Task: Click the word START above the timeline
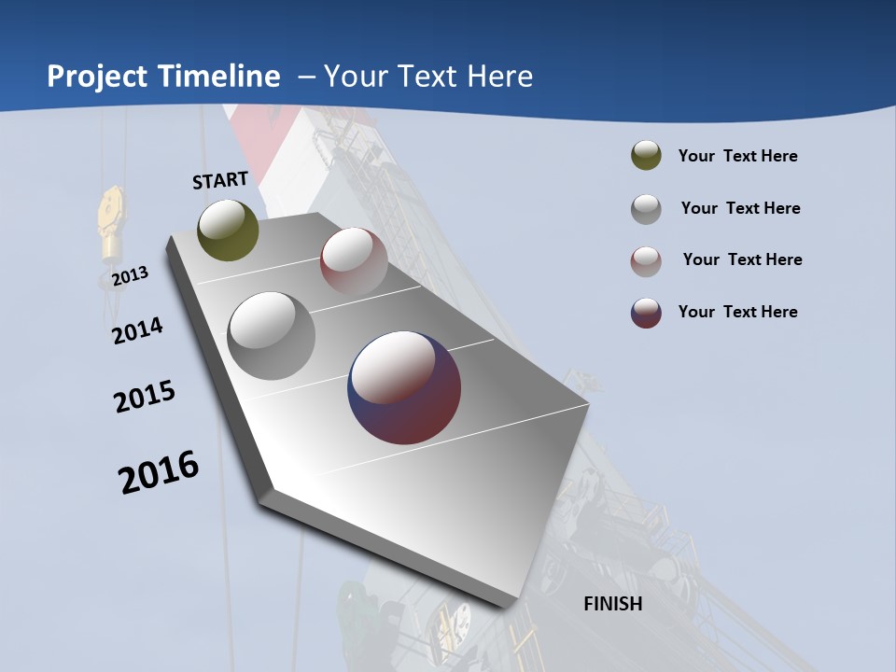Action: (x=220, y=180)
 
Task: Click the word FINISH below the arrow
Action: (x=612, y=604)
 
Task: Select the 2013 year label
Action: (x=130, y=276)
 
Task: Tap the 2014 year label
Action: (x=137, y=330)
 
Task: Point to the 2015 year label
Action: (x=145, y=397)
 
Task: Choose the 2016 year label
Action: (x=159, y=472)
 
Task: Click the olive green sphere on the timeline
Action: (x=228, y=230)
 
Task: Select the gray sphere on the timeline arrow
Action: (x=271, y=336)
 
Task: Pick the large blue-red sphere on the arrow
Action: (x=404, y=387)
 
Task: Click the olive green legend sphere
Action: (x=646, y=156)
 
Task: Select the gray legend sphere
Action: (x=646, y=209)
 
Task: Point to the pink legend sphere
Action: (x=646, y=260)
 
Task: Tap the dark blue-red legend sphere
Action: (x=646, y=313)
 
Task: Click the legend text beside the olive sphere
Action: (x=737, y=156)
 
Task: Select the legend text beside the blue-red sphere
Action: (x=737, y=312)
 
